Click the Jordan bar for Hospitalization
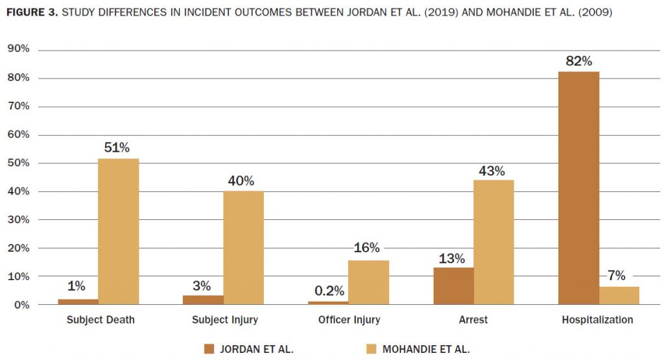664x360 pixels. tap(578, 188)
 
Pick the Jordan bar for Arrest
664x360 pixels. tap(454, 286)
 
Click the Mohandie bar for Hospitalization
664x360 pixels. tap(619, 295)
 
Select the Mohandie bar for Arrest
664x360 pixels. tap(493, 242)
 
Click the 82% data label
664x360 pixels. tap(578, 62)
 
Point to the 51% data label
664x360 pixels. tap(117, 148)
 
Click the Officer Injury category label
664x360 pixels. tap(349, 320)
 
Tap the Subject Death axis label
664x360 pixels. tap(101, 320)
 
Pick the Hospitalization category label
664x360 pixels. tap(597, 320)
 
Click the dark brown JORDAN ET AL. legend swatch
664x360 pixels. tap(209, 349)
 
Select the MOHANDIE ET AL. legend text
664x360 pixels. tap(426, 349)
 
